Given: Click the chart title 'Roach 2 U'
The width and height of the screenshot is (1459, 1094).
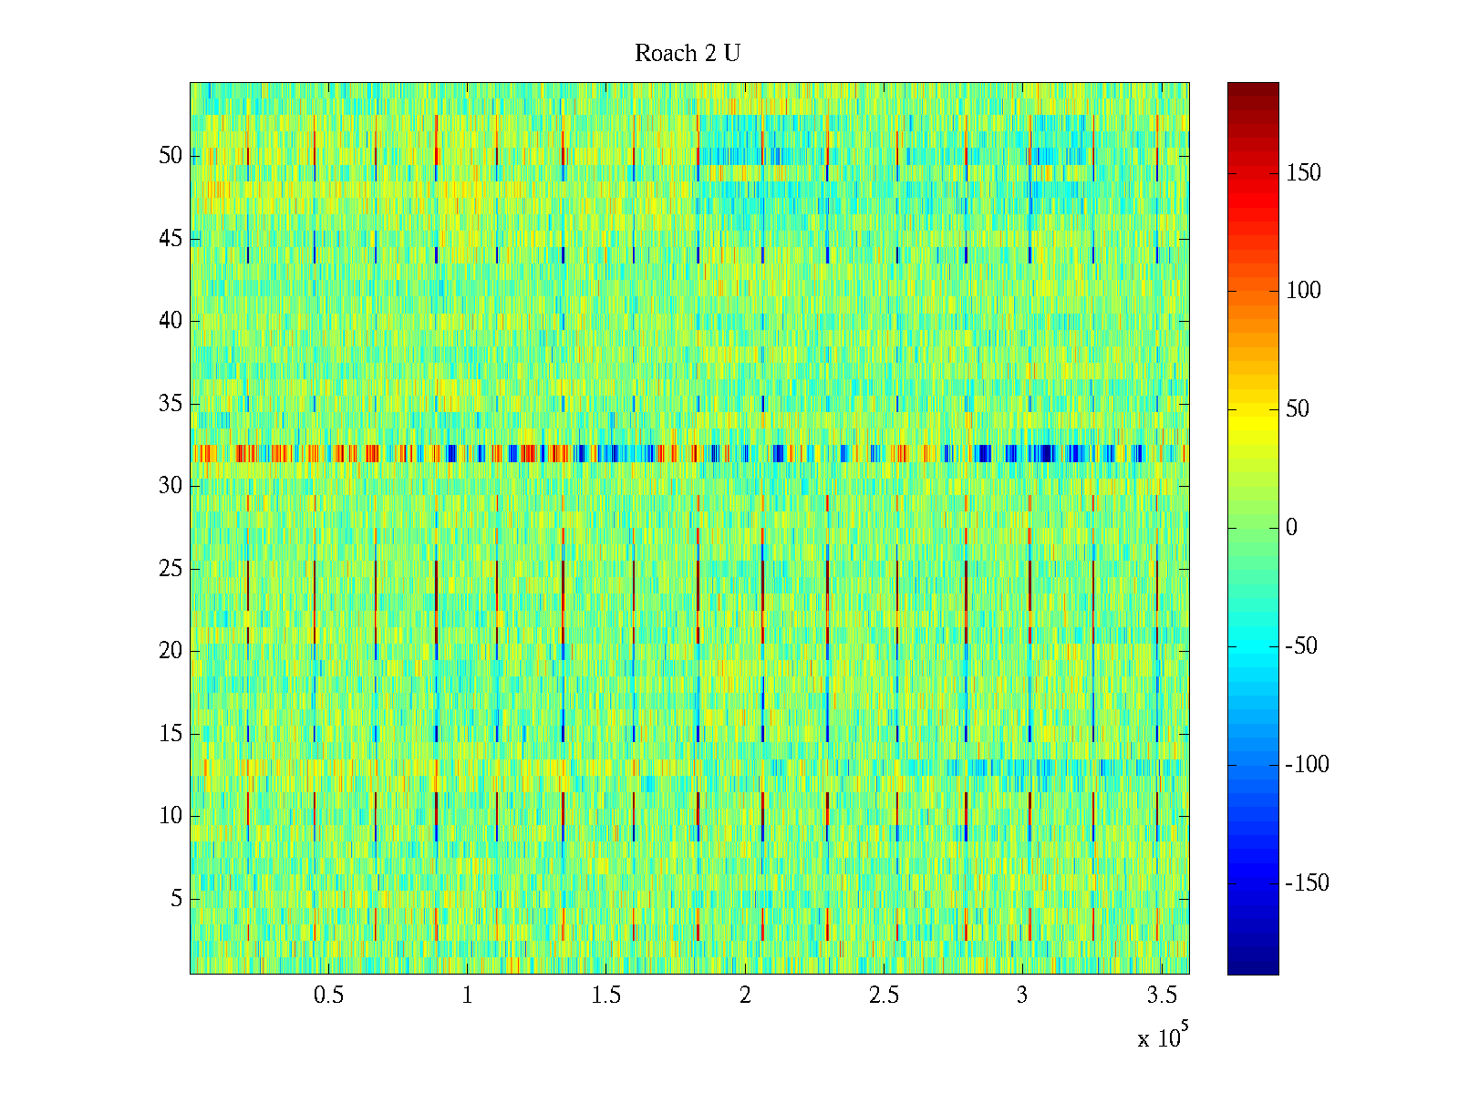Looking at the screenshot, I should click(x=688, y=54).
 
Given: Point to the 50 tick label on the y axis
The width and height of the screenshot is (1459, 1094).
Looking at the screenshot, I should click(x=171, y=156).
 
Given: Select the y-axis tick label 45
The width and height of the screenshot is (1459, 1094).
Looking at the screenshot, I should click(x=171, y=239).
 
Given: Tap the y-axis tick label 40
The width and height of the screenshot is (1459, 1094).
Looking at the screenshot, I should click(x=171, y=321).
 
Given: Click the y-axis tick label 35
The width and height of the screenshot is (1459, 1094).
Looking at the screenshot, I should click(x=171, y=404).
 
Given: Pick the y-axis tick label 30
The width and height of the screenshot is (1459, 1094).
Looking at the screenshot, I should click(x=171, y=486).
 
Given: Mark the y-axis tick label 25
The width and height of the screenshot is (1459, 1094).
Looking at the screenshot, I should click(x=171, y=569).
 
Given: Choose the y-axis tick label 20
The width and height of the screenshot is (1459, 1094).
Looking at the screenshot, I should click(x=171, y=651).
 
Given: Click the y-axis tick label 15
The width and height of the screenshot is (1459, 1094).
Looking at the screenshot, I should click(x=171, y=734).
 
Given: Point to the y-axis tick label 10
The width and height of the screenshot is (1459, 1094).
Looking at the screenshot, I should click(x=171, y=816).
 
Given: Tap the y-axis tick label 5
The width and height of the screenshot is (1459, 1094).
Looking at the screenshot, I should click(x=176, y=899).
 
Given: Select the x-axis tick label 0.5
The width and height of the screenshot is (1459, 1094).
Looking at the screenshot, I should click(x=328, y=996).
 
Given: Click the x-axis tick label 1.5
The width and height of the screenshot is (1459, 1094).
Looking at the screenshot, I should click(x=605, y=996).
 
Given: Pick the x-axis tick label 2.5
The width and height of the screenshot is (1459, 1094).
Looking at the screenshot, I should click(x=884, y=996).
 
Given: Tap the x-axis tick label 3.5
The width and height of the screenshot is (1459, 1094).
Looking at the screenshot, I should click(x=1161, y=996).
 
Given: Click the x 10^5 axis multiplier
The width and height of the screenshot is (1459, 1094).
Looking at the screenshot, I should click(x=1164, y=1037).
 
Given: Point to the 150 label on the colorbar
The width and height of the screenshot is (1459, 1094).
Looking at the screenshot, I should click(x=1303, y=173).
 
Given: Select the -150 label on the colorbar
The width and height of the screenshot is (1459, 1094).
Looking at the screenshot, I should click(x=1307, y=883).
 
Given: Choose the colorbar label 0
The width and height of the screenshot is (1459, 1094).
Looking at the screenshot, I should click(x=1291, y=528).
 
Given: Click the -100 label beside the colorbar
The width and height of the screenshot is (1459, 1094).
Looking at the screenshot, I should click(x=1307, y=765).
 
